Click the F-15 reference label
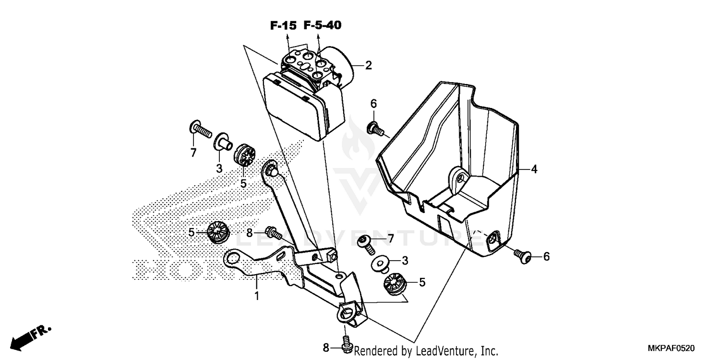point(283,26)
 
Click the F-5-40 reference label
point(322,25)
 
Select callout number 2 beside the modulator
point(368,66)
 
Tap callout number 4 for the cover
point(534,169)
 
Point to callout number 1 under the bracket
point(256,296)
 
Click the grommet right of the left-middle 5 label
point(218,232)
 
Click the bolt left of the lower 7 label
point(368,242)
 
